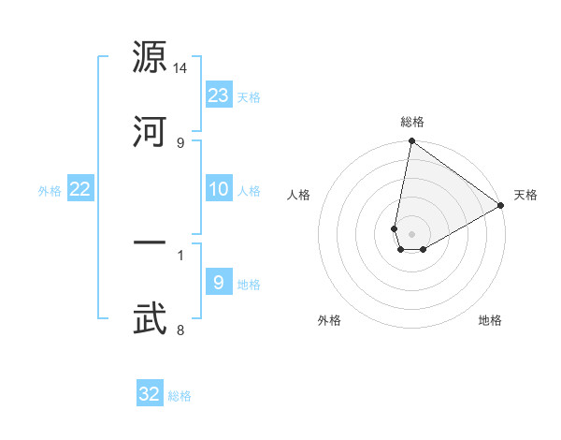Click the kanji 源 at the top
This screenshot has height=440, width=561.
coord(150,58)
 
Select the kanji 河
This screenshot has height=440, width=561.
coord(150,131)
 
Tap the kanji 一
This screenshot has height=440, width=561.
coord(150,243)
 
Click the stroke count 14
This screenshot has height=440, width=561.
coord(180,68)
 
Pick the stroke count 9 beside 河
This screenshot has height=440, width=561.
coord(180,142)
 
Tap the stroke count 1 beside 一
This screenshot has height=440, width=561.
coord(180,254)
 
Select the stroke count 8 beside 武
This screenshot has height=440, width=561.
coord(180,330)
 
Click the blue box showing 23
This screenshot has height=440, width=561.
coord(219,95)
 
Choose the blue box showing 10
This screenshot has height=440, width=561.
coord(219,189)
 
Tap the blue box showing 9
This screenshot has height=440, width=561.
coord(219,282)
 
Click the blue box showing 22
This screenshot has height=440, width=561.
coord(80,189)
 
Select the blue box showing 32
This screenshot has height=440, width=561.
coord(150,394)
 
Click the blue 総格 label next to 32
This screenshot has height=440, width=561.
coord(180,396)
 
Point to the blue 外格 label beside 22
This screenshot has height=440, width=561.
coord(50,191)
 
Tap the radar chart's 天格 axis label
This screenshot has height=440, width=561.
coord(525,196)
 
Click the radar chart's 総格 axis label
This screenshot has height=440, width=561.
coord(412,123)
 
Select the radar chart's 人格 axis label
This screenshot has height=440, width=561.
coord(299,196)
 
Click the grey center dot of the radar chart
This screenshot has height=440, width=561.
coord(412,233)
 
